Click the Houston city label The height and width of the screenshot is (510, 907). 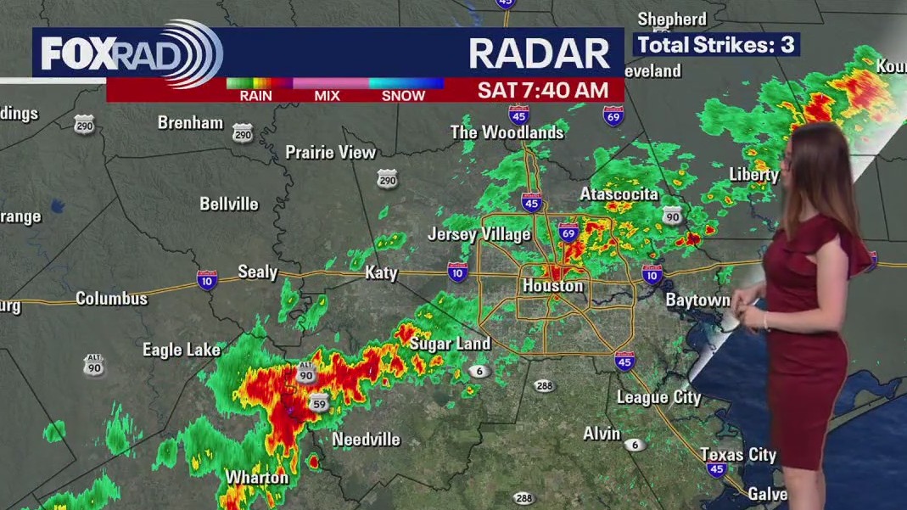(x=552, y=286)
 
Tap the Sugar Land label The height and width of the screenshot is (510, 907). (x=450, y=344)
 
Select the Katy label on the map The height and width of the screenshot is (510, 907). (x=381, y=272)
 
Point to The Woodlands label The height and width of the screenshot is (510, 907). (x=507, y=132)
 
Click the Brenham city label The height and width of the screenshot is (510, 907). (x=190, y=122)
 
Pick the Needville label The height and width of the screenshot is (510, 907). (x=366, y=440)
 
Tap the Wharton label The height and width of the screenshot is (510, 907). (x=256, y=478)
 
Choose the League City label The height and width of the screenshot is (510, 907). (x=658, y=397)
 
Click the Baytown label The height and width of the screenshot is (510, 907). (x=697, y=300)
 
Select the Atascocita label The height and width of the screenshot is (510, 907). (x=619, y=194)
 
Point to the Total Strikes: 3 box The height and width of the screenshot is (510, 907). (x=716, y=45)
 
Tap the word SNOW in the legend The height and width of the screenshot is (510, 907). (x=403, y=96)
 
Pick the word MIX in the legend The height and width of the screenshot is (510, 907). (x=327, y=96)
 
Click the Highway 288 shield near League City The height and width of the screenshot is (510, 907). (x=545, y=386)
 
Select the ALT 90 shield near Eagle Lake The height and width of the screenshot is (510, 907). (x=94, y=366)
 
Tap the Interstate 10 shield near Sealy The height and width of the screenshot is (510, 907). (x=206, y=281)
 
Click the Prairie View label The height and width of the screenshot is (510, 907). (x=330, y=153)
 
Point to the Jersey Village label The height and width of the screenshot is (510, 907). (x=479, y=234)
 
